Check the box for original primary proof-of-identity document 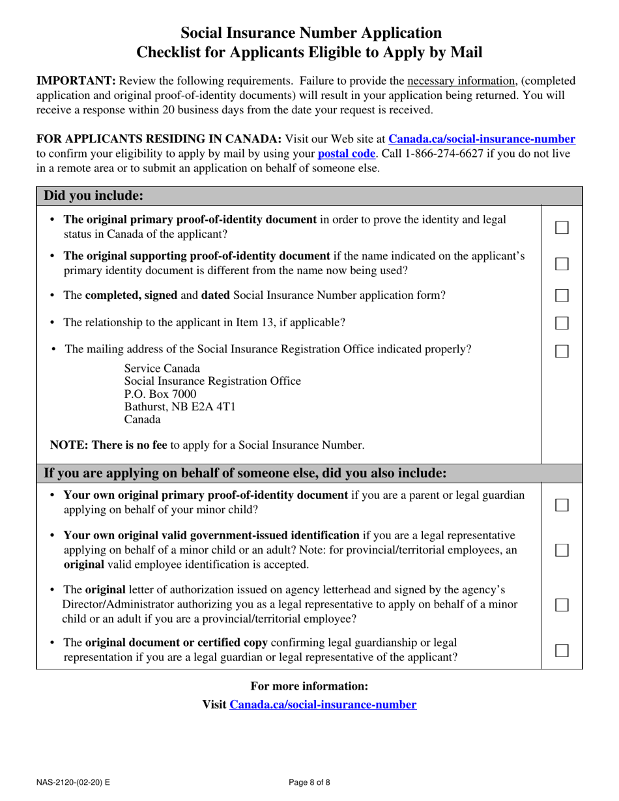562,227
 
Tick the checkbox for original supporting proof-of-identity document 562,264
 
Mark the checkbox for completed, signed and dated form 562,296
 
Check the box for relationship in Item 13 562,323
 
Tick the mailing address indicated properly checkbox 562,350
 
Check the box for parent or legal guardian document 562,505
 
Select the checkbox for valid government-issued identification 562,550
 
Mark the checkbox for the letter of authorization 562,605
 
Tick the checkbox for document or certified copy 562,651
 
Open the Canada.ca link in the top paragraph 482,139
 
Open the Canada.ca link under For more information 323,705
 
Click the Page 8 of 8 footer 309,782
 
